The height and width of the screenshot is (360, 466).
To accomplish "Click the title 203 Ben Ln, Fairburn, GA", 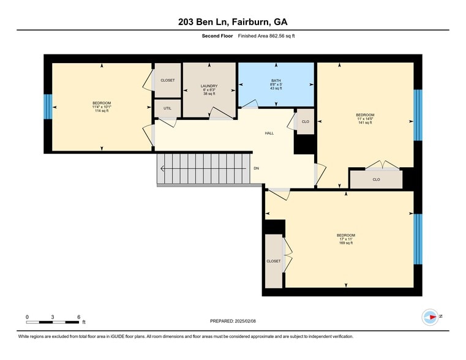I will point(233,22).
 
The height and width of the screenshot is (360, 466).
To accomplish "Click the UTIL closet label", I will point(167,108).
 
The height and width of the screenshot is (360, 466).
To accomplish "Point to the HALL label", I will point(269,133).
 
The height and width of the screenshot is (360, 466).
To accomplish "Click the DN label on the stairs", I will point(256,168).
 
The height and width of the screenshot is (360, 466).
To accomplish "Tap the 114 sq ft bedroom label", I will point(102,107).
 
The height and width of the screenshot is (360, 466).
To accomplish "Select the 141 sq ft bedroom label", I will point(365,119).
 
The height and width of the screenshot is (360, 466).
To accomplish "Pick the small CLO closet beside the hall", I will point(306,122).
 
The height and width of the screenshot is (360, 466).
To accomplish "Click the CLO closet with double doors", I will point(376,179).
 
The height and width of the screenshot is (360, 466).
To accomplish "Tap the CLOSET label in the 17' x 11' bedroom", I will point(273,261).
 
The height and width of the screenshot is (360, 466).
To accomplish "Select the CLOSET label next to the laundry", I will point(167,80).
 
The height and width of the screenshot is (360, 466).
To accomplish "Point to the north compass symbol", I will point(429,317).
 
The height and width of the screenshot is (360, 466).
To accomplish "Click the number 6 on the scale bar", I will point(79,317).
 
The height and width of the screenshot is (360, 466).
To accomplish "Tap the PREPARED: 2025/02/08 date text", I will point(232,321).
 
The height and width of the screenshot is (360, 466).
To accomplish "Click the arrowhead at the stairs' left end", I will point(163,168).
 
